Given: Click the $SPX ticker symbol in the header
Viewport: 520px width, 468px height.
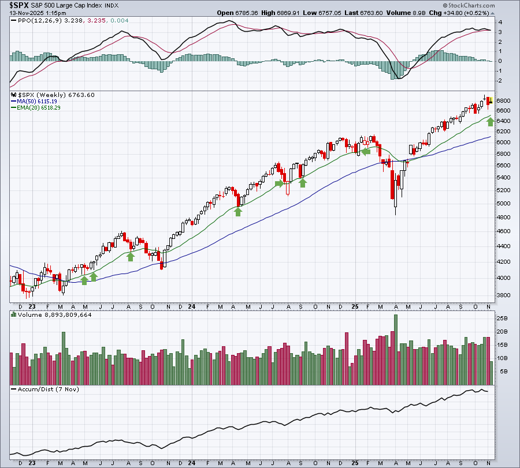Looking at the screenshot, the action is tap(19, 5).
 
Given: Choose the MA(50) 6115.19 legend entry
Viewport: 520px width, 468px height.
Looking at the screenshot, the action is tap(37, 102).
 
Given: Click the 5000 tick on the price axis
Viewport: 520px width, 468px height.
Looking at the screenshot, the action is tap(503, 203).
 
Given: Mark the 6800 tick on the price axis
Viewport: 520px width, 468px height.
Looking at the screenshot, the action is tap(503, 100).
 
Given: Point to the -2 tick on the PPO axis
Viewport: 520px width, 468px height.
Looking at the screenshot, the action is tap(500, 80).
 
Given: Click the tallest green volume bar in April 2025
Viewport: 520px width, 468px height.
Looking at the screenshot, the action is tap(395, 350).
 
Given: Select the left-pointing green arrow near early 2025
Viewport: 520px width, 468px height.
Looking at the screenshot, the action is tap(366, 152).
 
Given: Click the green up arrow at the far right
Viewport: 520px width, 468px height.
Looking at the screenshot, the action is tap(491, 122).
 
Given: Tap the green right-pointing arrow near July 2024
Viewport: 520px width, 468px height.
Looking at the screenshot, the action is tap(280, 183).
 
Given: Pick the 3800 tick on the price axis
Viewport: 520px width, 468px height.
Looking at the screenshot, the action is tap(503, 295).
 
